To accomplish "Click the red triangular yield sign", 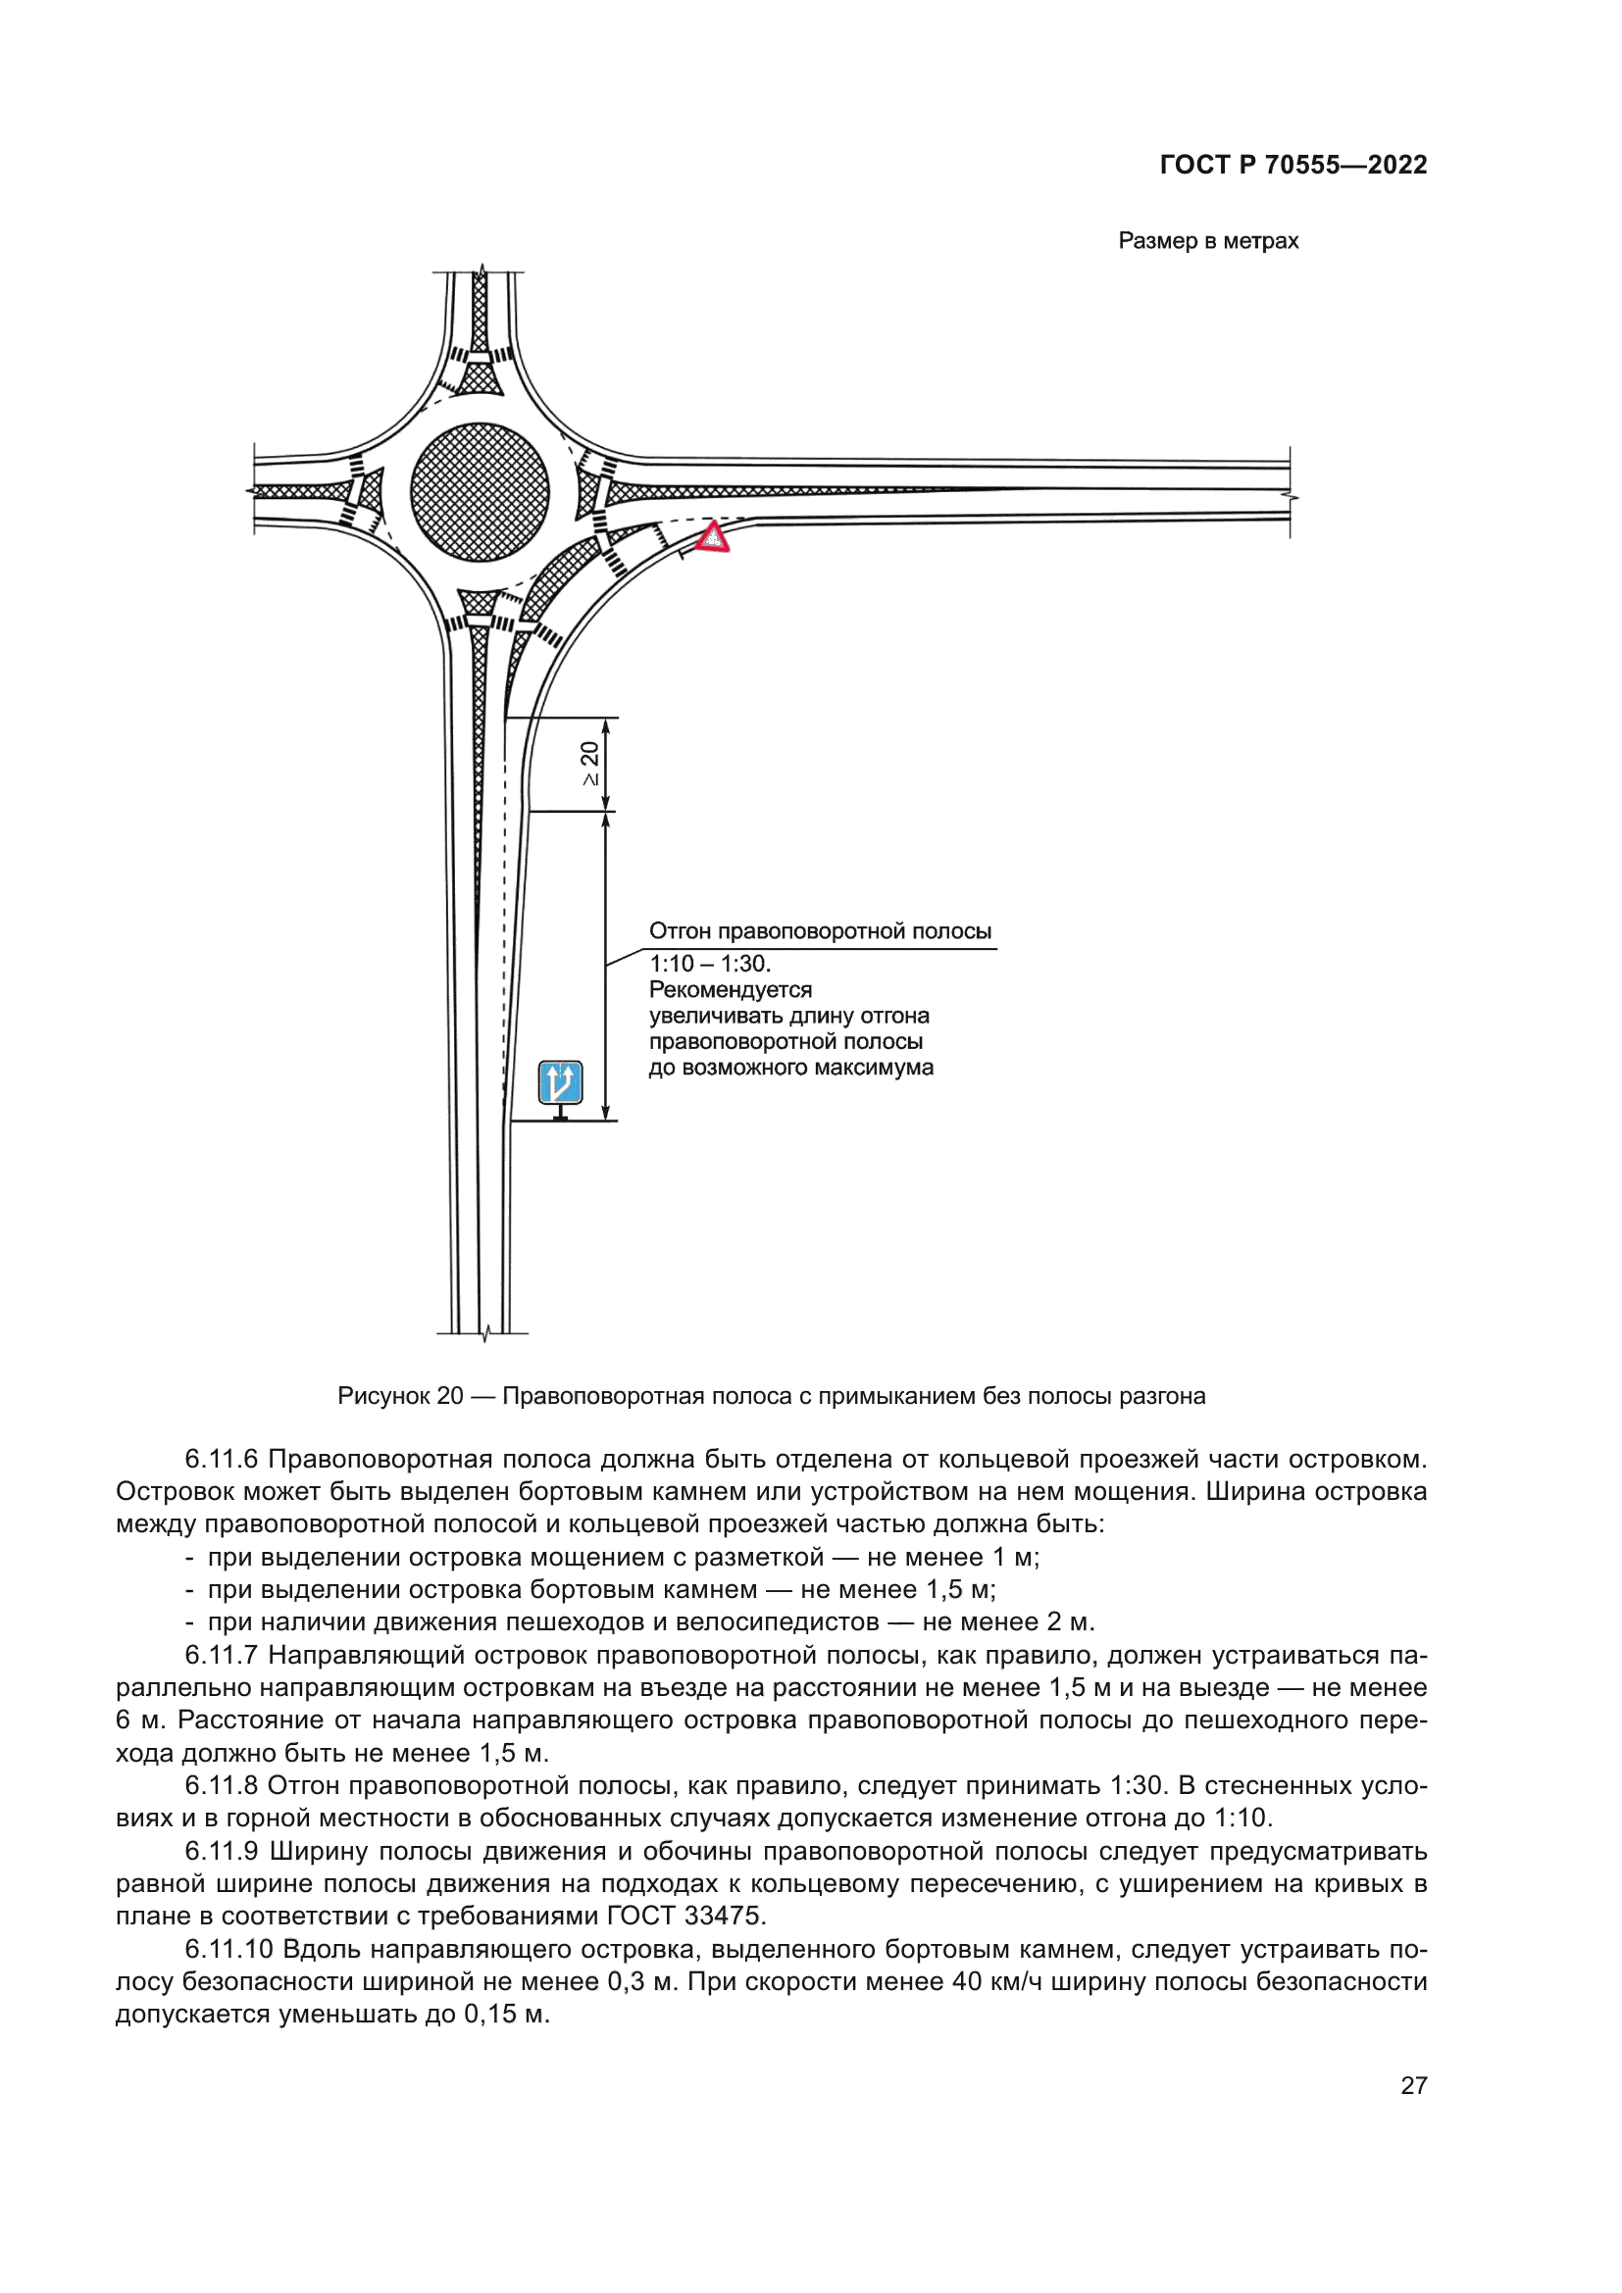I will (x=712, y=537).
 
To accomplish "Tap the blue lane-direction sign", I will (x=560, y=1082).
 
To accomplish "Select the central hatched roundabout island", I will (x=480, y=492).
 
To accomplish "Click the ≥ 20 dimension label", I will (x=590, y=763).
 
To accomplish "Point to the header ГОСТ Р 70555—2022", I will (x=1293, y=165).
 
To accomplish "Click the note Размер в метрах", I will (x=1208, y=241).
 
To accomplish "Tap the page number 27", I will (x=1413, y=2085).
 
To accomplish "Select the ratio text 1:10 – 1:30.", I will (x=710, y=964).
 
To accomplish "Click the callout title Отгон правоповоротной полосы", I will (x=820, y=931).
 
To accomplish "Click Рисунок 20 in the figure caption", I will (x=399, y=1396).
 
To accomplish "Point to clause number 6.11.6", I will (x=221, y=1459).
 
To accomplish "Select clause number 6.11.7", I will (x=221, y=1655).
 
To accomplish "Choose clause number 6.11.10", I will (x=228, y=1949).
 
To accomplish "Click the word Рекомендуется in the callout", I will (x=731, y=990).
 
